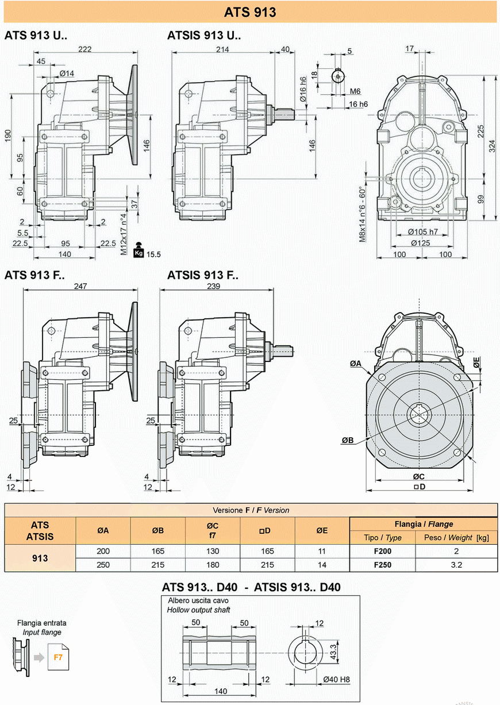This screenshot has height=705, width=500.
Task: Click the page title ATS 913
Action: point(250,12)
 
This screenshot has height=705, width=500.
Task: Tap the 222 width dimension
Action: point(85,49)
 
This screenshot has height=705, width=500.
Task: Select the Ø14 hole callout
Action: point(67,74)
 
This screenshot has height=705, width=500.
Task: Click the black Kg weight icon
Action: point(139,250)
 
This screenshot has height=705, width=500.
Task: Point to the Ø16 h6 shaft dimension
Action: point(303,89)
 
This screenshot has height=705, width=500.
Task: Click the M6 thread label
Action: point(355,91)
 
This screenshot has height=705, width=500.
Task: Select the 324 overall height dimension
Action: point(492,146)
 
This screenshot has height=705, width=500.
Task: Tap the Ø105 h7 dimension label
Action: point(423,232)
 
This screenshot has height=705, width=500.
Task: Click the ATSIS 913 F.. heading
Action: point(203,275)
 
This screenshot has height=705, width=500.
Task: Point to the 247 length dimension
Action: point(80,286)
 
